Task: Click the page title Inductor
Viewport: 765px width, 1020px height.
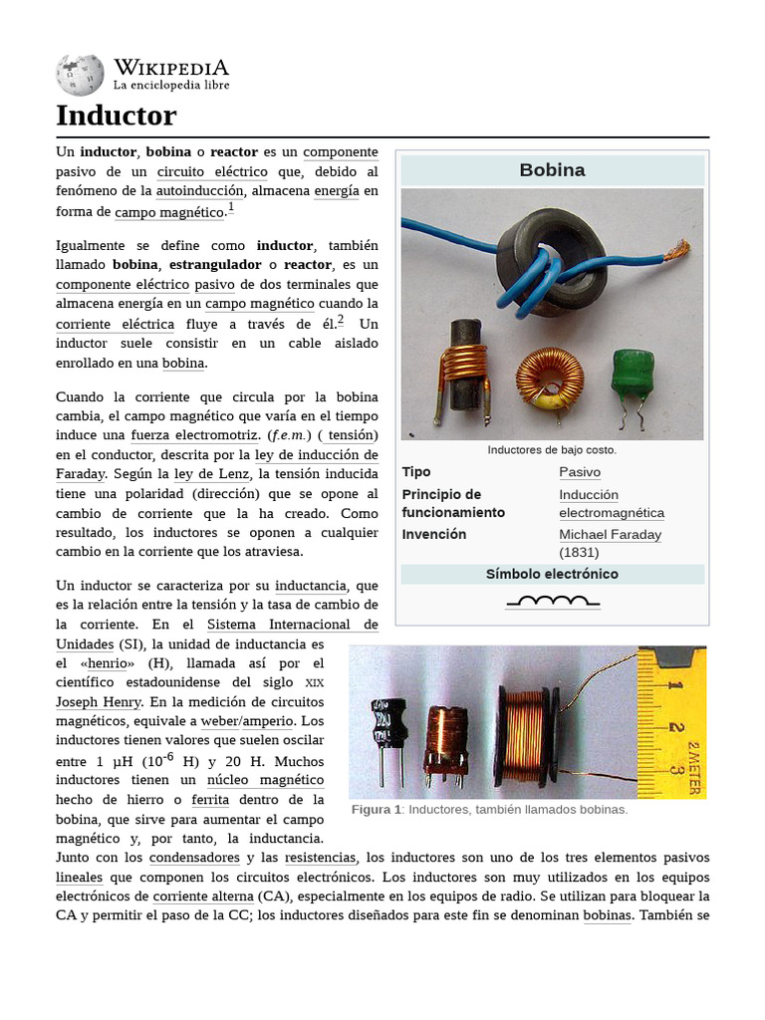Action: click(x=116, y=116)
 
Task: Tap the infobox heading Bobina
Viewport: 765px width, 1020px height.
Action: click(x=552, y=170)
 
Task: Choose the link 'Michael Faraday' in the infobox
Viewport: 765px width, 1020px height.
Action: click(x=610, y=535)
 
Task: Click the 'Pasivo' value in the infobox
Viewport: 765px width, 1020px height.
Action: click(x=580, y=472)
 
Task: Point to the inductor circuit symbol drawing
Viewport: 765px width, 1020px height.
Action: click(x=553, y=601)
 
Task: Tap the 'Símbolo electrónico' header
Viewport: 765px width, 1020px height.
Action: click(x=552, y=575)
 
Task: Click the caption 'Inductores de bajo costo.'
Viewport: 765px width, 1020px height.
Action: click(x=552, y=450)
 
